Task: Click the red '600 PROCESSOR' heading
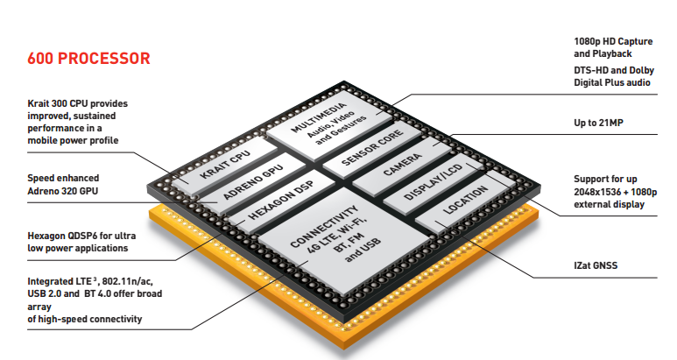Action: coord(88,59)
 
